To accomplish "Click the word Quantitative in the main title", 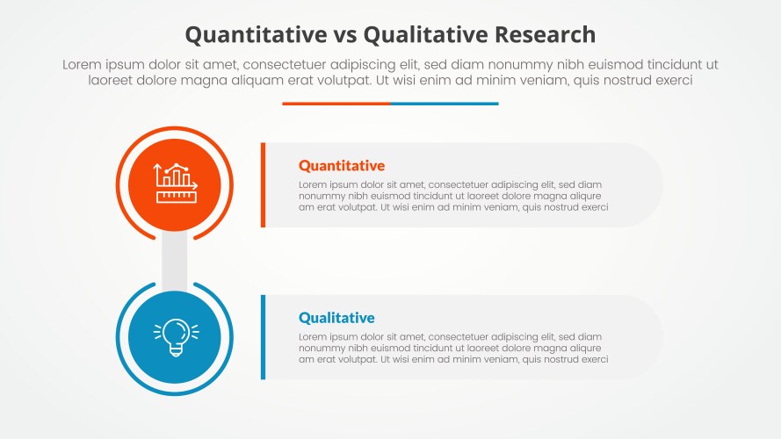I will point(251,34).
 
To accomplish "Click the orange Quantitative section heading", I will point(342,165).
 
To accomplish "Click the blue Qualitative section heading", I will point(336,318).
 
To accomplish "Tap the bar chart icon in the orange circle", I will point(176,176).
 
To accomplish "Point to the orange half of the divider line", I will point(336,104).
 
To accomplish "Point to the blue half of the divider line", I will point(445,104).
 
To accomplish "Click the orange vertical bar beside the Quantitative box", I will point(263,184).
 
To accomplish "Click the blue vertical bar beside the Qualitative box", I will point(263,337).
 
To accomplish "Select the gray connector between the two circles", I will point(175,260).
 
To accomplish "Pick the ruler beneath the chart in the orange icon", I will point(176,196).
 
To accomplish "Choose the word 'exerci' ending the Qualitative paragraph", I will point(593,360).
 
